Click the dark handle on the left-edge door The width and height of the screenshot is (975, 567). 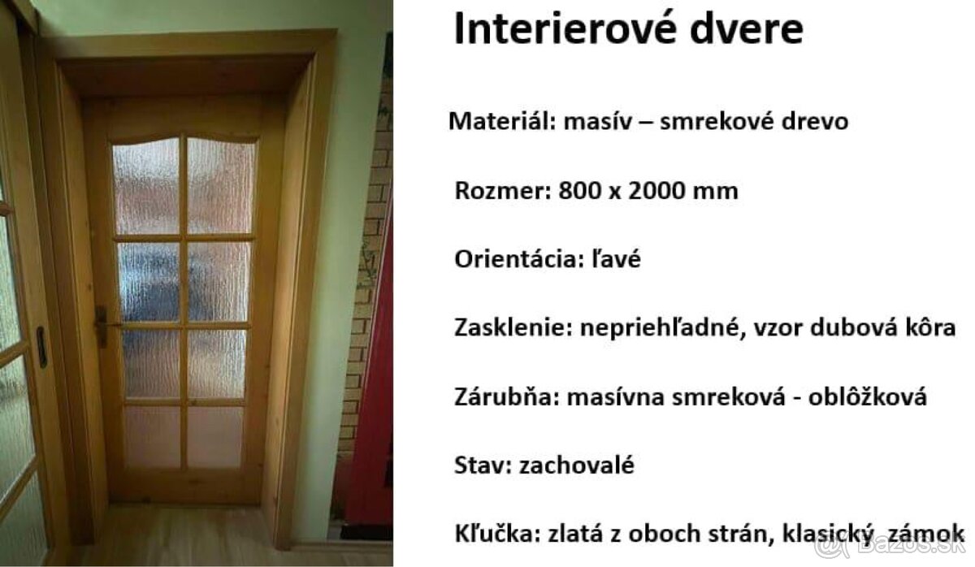point(41,348)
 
